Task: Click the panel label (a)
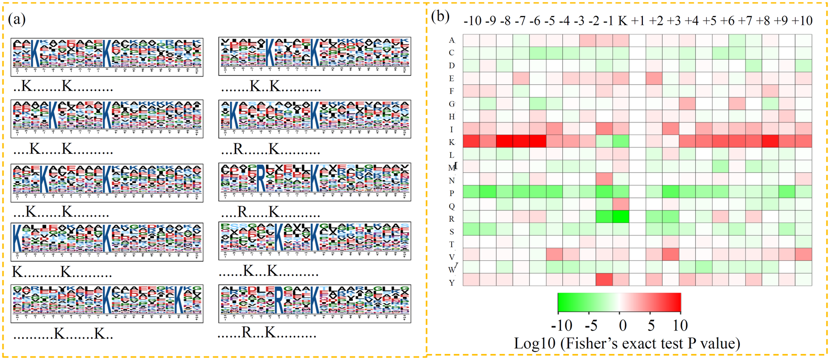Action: point(17,20)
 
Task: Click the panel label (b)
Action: point(440,17)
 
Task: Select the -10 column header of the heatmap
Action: point(472,21)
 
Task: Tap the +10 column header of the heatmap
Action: point(802,21)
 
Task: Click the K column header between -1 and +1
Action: point(622,21)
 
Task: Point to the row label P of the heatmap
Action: point(452,194)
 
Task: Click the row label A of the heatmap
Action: point(452,40)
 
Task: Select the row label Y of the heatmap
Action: point(452,283)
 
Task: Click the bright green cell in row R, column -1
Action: point(621,217)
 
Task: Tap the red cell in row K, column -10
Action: point(471,141)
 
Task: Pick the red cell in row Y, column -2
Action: point(604,279)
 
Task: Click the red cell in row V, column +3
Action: point(671,254)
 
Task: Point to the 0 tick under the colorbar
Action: point(623,326)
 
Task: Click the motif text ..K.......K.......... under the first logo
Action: point(63,87)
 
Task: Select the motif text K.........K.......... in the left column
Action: point(62,273)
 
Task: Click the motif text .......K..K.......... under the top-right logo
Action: point(271,87)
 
